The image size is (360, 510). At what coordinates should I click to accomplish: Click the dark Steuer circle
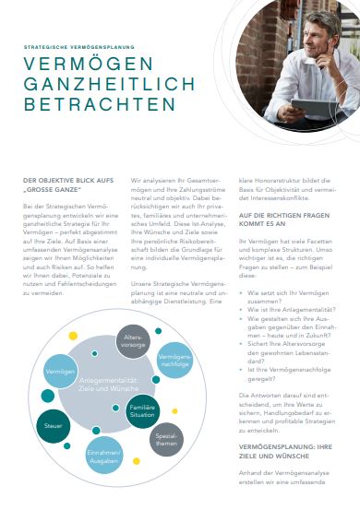point(53,426)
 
